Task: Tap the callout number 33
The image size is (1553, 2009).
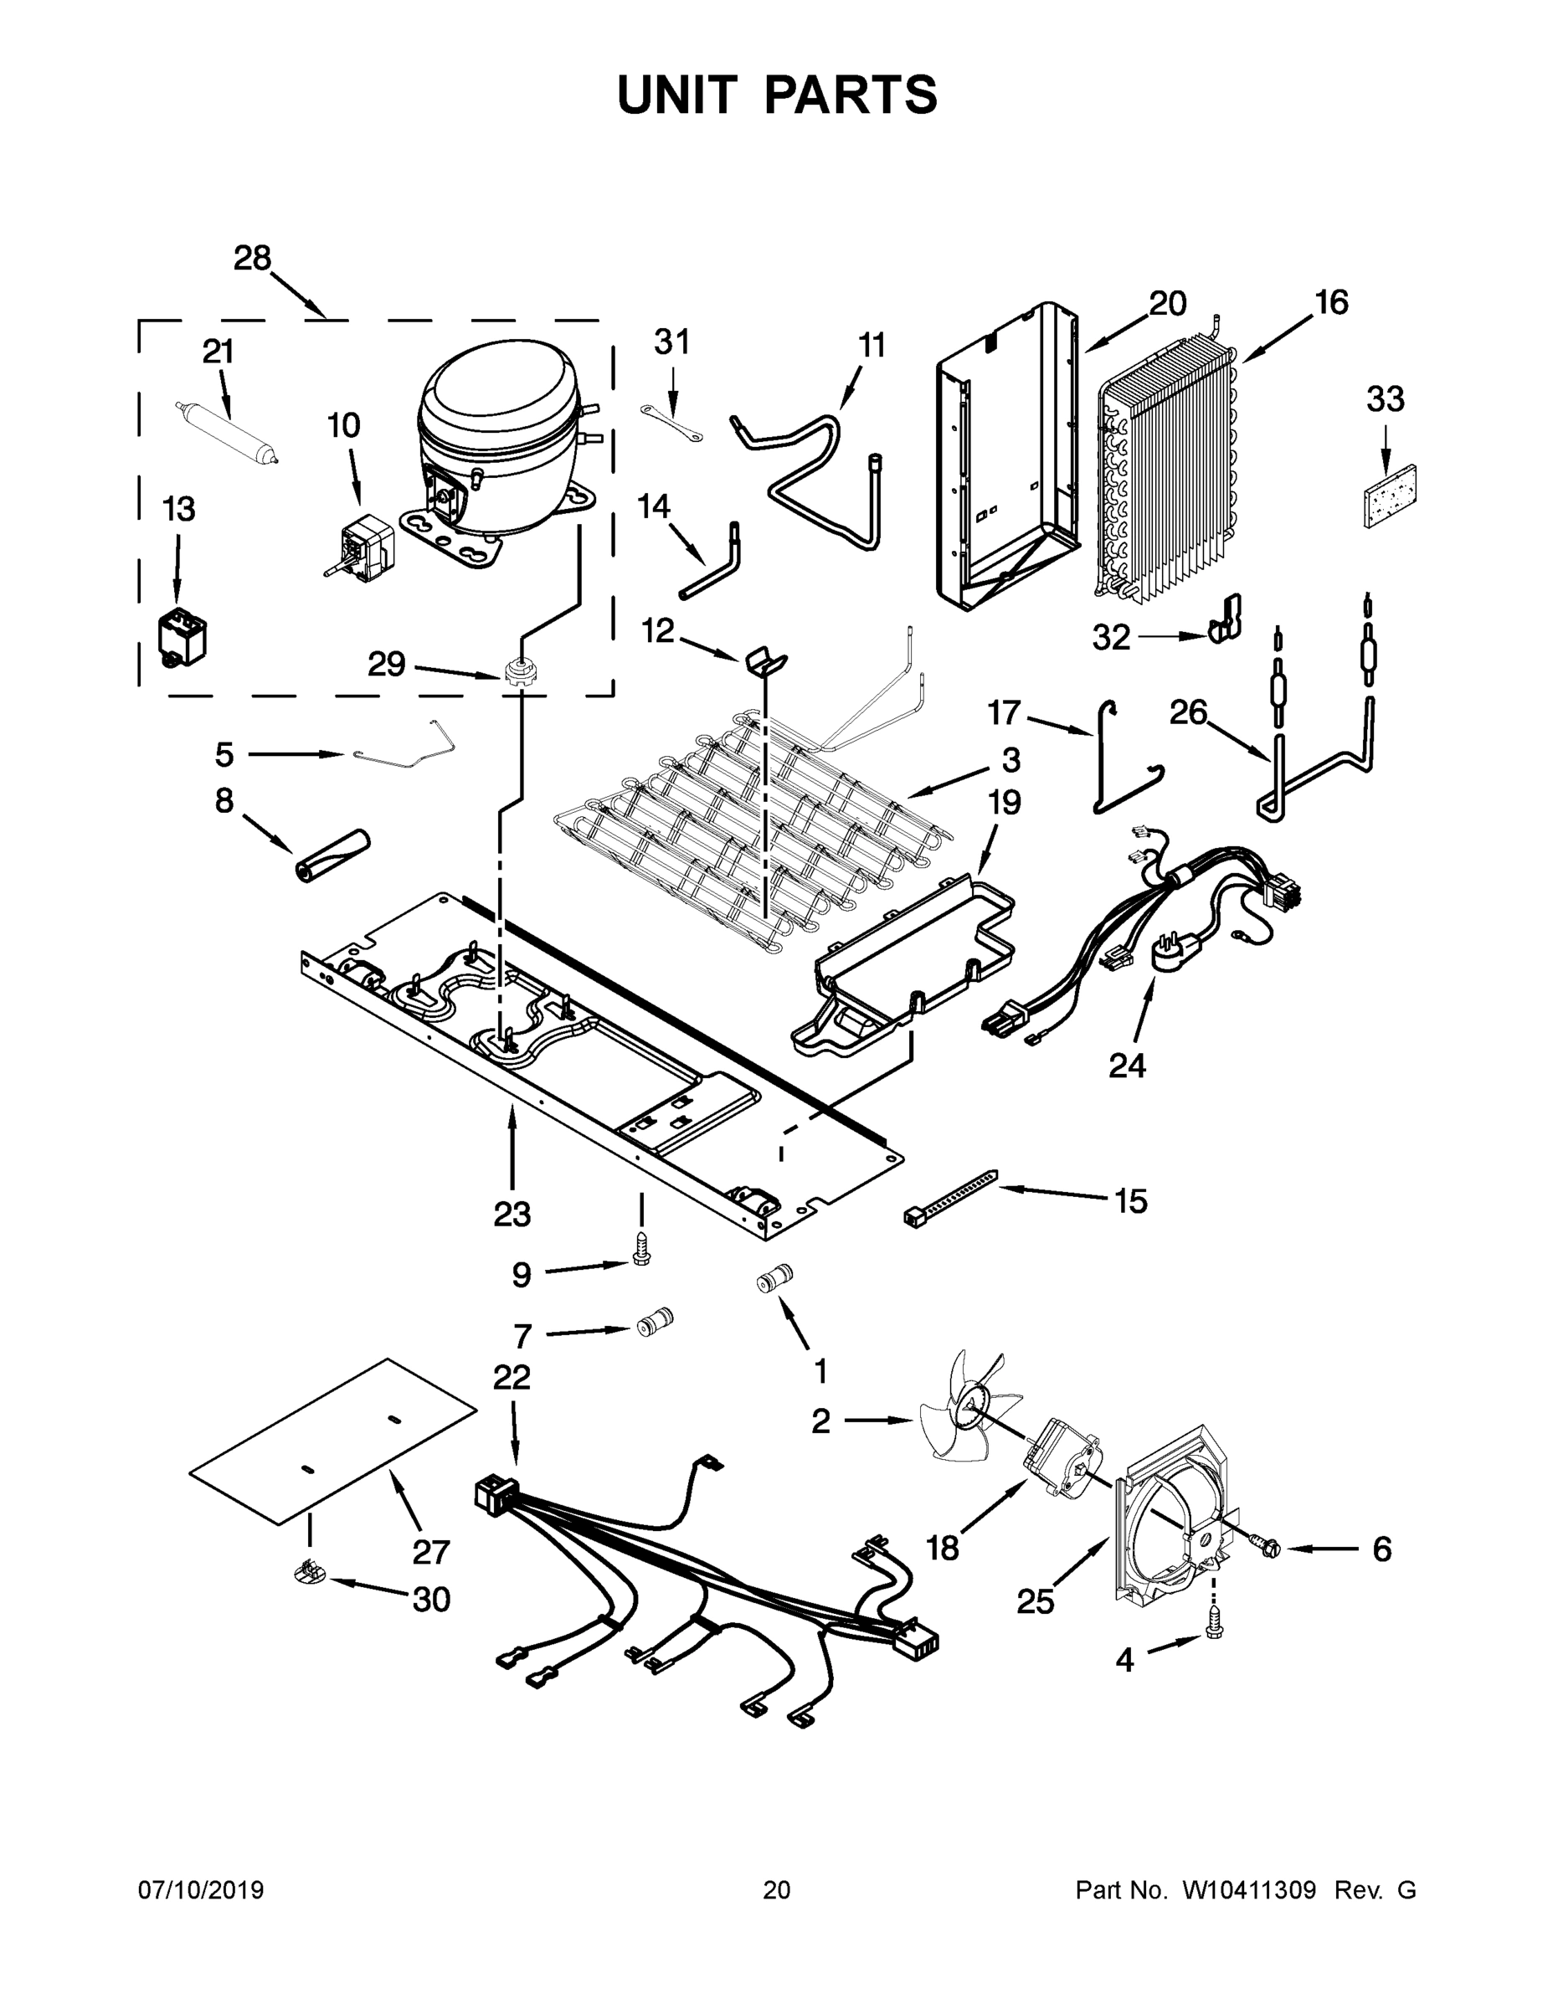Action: click(x=1385, y=399)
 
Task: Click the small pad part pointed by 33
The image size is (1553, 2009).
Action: click(x=1389, y=496)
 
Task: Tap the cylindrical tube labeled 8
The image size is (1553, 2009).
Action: click(x=331, y=855)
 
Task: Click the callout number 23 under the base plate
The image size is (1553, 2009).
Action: click(x=512, y=1215)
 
